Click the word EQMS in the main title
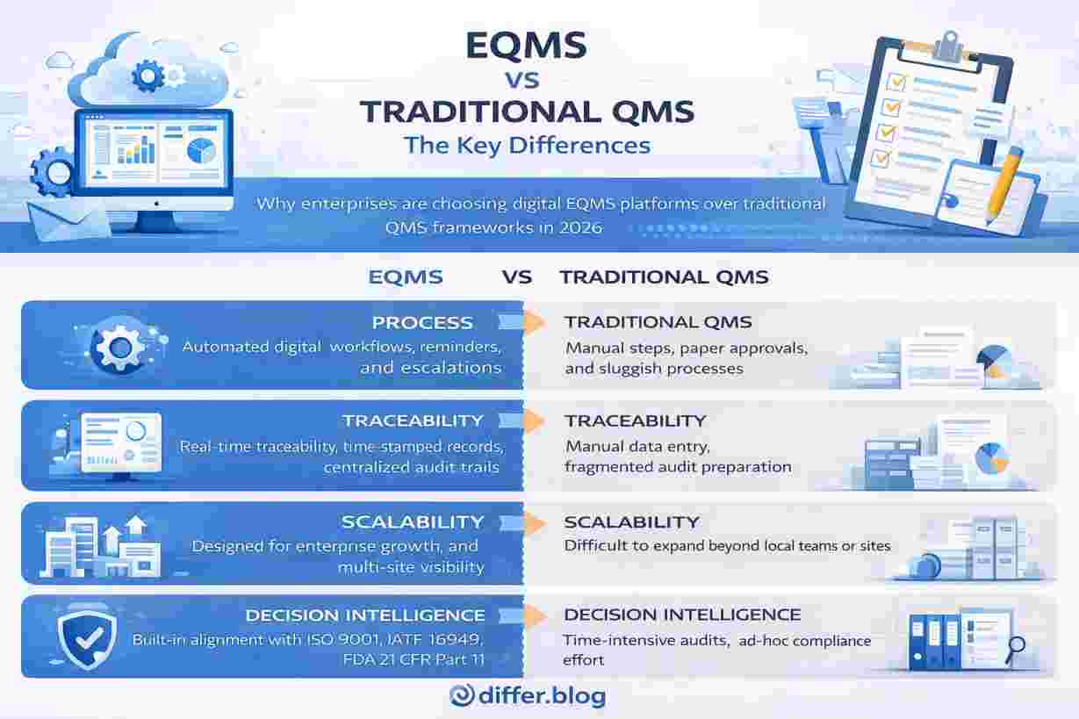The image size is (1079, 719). [526, 46]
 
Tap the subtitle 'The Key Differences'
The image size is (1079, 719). [528, 146]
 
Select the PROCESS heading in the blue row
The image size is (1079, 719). [422, 323]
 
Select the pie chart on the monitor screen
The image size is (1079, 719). [201, 151]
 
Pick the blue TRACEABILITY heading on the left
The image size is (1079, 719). [413, 421]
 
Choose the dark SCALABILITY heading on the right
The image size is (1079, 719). [631, 522]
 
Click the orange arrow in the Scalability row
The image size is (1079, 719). [536, 523]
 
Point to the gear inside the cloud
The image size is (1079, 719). [147, 75]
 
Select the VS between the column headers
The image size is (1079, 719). [517, 277]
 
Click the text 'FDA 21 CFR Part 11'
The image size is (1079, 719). [414, 659]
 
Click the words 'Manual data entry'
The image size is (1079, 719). [637, 447]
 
